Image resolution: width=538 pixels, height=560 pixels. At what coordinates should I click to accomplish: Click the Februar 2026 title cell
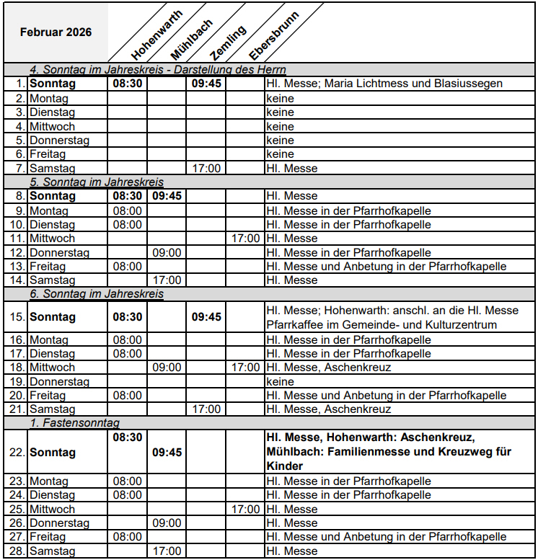pyautogui.click(x=56, y=32)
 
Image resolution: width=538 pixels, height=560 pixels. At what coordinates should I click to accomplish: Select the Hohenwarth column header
pyautogui.click(x=156, y=34)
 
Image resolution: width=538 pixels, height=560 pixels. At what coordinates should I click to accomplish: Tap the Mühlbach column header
pyautogui.click(x=191, y=37)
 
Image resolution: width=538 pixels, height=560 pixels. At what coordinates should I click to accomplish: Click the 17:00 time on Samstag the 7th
pyautogui.click(x=206, y=168)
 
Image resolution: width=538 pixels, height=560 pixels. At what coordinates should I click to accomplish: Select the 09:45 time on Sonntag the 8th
pyautogui.click(x=167, y=195)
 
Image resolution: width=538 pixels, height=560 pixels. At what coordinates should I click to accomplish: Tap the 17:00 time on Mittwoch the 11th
pyautogui.click(x=245, y=238)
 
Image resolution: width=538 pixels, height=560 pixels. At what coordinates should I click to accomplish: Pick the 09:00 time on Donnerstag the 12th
pyautogui.click(x=167, y=252)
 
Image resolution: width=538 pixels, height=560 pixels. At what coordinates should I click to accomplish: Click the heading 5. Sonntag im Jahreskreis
pyautogui.click(x=97, y=182)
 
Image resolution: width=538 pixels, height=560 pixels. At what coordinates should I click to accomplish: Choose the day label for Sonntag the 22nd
pyautogui.click(x=52, y=453)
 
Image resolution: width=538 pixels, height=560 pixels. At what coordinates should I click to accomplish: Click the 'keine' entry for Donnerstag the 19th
pyautogui.click(x=280, y=381)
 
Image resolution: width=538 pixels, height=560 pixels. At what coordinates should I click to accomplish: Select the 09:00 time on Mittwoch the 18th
pyautogui.click(x=167, y=367)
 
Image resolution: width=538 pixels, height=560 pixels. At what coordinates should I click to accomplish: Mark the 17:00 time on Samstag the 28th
pyautogui.click(x=167, y=551)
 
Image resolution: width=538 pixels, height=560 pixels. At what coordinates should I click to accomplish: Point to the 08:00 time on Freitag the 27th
pyautogui.click(x=128, y=537)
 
